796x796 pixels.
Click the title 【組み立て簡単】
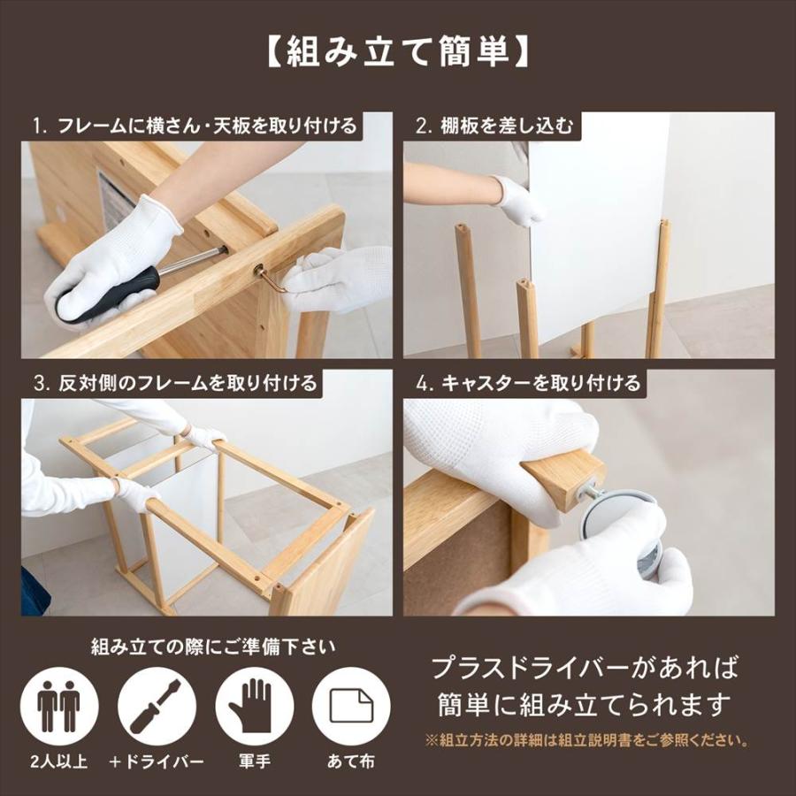[397, 52]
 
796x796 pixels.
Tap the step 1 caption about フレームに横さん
[195, 126]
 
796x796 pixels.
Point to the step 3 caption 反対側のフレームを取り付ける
[175, 383]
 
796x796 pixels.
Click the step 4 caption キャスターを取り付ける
[528, 383]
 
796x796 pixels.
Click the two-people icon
[59, 706]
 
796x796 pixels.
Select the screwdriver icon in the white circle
[157, 706]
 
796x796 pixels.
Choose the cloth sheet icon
[351, 706]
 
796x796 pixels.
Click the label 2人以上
[59, 762]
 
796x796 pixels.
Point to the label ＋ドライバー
[157, 762]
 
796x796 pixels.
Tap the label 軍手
[255, 762]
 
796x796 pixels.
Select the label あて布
[351, 762]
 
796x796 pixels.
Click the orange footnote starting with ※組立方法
[587, 740]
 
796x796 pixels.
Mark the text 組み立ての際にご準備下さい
[213, 647]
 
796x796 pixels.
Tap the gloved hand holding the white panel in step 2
[517, 199]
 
